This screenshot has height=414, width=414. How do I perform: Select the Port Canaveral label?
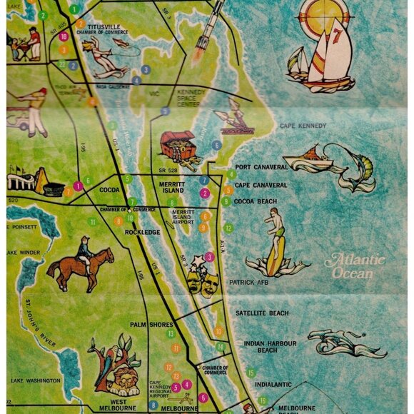[x=261, y=167]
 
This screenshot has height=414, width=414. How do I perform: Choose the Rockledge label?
[x=143, y=232]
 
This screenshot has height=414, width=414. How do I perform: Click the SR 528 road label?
[x=168, y=171]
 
